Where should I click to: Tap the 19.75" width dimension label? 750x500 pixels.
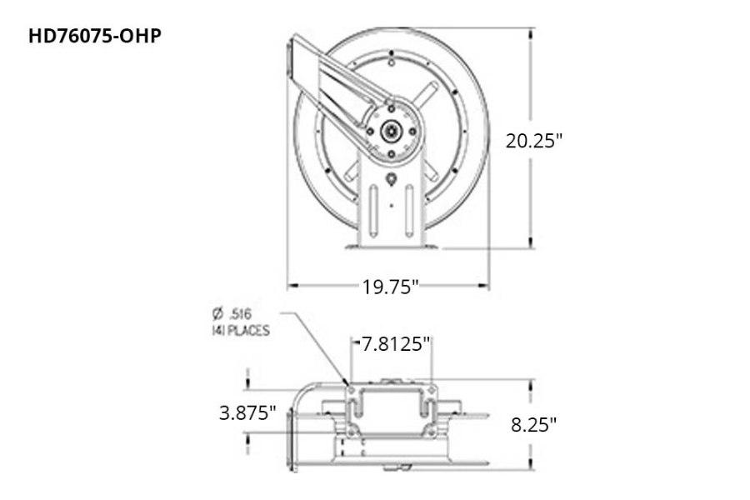pos(389,287)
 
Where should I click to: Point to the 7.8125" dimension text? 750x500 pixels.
pos(397,342)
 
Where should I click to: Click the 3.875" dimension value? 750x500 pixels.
pos(247,412)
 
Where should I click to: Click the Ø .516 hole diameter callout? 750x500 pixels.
pos(232,313)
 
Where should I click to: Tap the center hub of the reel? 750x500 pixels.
pos(390,131)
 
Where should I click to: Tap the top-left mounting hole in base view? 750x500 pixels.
pos(351,389)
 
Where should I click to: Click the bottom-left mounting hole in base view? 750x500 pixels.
pos(351,431)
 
